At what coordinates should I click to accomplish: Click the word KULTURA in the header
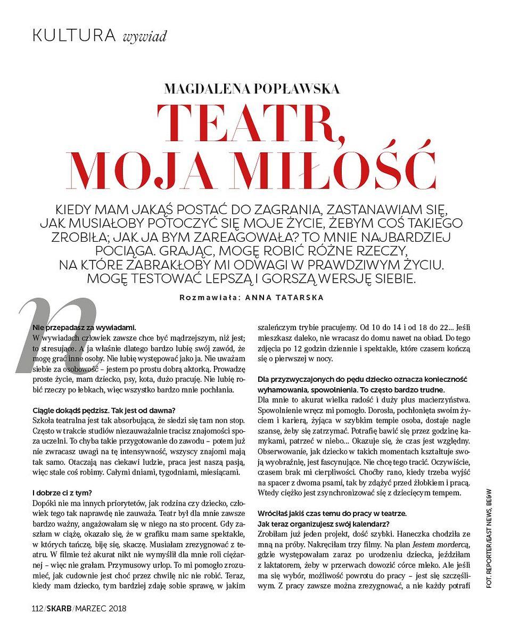74,36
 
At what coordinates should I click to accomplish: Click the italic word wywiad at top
145,37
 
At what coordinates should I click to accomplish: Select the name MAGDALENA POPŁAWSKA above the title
252,88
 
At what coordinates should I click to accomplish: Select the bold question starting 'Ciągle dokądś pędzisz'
104,409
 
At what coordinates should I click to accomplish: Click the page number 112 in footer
37,608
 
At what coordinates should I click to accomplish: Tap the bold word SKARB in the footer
59,608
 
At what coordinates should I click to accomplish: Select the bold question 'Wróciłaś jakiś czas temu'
331,513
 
